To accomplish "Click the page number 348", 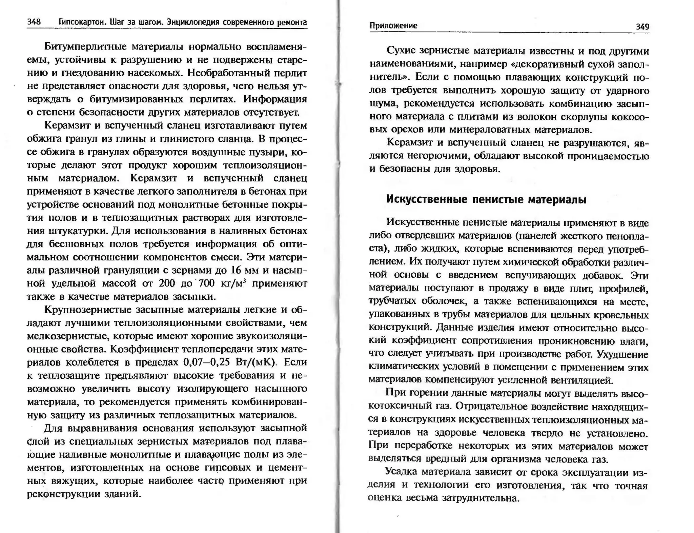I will click(x=34, y=22).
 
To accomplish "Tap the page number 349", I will click(x=642, y=27).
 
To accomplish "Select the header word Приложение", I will click(x=393, y=26).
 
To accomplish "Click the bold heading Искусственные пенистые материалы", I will click(x=486, y=199).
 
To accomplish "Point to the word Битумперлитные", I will click(x=85, y=46).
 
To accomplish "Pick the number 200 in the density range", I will click(x=167, y=283).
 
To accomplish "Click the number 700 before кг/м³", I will click(x=206, y=283).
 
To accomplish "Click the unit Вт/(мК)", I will click(x=256, y=362).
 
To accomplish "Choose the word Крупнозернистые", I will click(x=87, y=310).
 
